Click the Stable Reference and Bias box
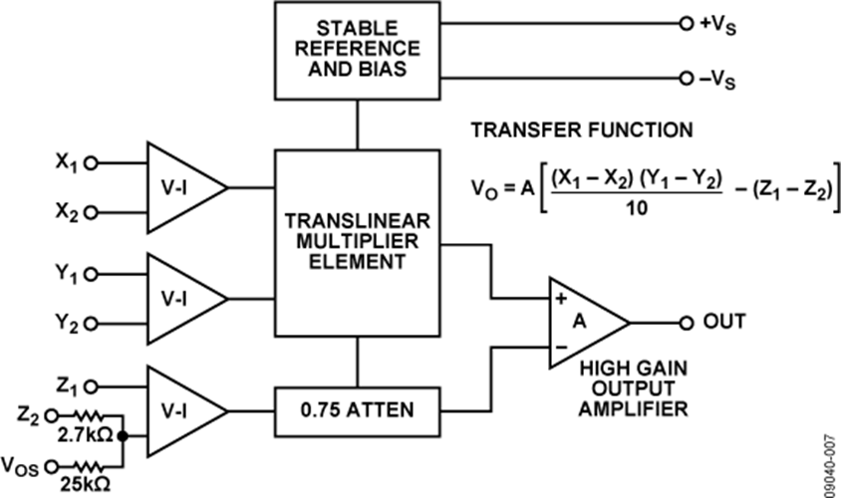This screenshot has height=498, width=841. tap(357, 51)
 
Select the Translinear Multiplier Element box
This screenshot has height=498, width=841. tap(357, 243)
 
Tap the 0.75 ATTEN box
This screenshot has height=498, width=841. tap(357, 411)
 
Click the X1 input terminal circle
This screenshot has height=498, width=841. tap(92, 163)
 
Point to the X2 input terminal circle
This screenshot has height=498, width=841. tap(92, 213)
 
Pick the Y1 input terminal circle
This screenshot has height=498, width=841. tap(92, 275)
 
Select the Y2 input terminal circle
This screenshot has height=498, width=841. tap(92, 324)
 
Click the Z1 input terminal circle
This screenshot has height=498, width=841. tap(92, 386)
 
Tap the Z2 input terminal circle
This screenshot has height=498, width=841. tap(52, 415)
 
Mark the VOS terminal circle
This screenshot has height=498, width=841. tap(52, 467)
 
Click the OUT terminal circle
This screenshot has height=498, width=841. tap(687, 324)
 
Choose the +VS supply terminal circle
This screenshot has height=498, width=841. tap(687, 24)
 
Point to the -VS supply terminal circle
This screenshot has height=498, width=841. tap(687, 79)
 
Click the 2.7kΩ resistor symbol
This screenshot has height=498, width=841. tap(87, 415)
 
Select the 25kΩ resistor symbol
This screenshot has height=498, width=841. tap(87, 467)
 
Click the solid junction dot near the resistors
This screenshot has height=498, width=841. tap(123, 436)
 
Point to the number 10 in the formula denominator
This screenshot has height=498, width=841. tap(637, 208)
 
